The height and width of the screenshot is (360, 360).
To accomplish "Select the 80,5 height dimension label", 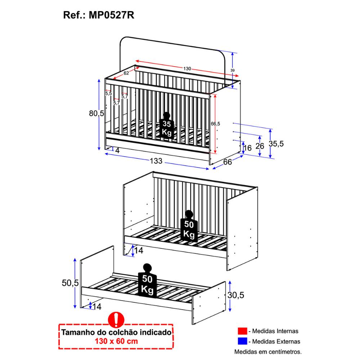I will click(x=96, y=114).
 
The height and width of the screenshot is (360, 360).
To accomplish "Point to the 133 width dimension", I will click(x=156, y=161).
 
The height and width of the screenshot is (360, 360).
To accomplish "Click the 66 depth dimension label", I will click(x=228, y=162).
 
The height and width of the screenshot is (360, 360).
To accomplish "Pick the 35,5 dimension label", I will click(x=276, y=144).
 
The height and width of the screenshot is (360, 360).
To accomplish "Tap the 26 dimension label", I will click(x=260, y=146).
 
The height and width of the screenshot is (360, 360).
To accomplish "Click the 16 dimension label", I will click(x=247, y=148).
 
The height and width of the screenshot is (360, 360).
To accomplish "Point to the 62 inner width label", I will click(x=126, y=73).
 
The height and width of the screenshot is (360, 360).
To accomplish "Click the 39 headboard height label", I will click(x=232, y=70).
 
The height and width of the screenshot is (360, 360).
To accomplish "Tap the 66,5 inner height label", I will click(x=215, y=123).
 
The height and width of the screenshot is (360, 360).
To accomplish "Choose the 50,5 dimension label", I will click(x=70, y=283).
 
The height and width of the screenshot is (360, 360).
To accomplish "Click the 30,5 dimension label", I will click(x=236, y=295).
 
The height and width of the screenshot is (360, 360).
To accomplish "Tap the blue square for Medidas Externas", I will click(x=242, y=341).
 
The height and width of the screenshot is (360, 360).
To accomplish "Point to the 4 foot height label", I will click(x=117, y=150).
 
